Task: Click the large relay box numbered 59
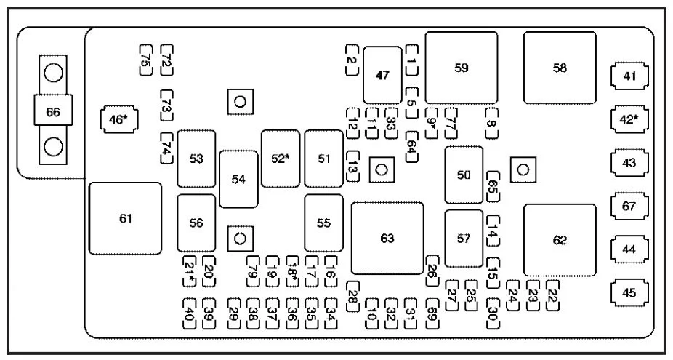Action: pyautogui.click(x=462, y=68)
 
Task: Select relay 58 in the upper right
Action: pyautogui.click(x=560, y=68)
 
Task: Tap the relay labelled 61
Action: pyautogui.click(x=125, y=218)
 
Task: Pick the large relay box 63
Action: pyautogui.click(x=387, y=239)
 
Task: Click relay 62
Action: pyautogui.click(x=560, y=240)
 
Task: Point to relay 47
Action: pyautogui.click(x=382, y=75)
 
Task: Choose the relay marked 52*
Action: pyautogui.click(x=281, y=159)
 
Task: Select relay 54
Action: pyautogui.click(x=238, y=179)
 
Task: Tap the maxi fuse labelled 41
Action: pyautogui.click(x=629, y=76)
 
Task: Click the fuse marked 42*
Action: pyautogui.click(x=629, y=119)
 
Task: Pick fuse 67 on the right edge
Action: pyautogui.click(x=629, y=207)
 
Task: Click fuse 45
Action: pyautogui.click(x=629, y=293)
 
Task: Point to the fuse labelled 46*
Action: pyautogui.click(x=118, y=119)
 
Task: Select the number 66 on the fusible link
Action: pyautogui.click(x=53, y=112)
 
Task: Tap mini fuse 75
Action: pyautogui.click(x=145, y=60)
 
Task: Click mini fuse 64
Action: pyautogui.click(x=411, y=147)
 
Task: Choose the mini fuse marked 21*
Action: pyautogui.click(x=189, y=271)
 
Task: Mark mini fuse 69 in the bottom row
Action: pyautogui.click(x=432, y=313)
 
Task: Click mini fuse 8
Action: pyautogui.click(x=492, y=124)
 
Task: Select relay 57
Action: pyautogui.click(x=464, y=239)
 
